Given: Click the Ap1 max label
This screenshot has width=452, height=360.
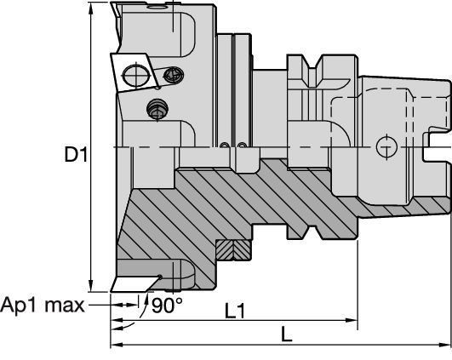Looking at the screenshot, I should tap(41, 305).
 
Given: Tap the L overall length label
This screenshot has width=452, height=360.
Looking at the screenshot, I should tap(287, 336).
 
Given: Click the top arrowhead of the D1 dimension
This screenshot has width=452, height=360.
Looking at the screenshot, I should tap(90, 9).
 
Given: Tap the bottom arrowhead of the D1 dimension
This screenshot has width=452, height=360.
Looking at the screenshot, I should tap(90, 288).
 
